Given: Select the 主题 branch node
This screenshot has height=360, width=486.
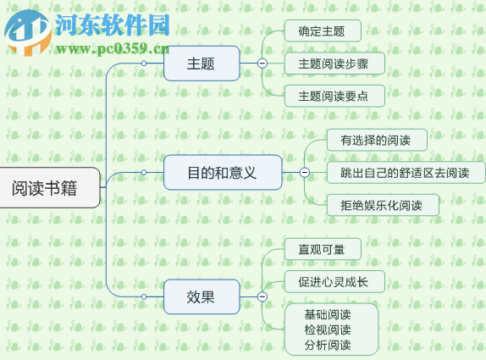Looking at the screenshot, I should [x=201, y=64].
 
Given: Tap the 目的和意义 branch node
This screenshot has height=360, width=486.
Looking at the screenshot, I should [x=222, y=172].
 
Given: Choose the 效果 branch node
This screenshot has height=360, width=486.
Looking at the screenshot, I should [x=201, y=296].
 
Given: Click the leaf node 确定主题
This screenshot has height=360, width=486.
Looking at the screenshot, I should [x=322, y=31].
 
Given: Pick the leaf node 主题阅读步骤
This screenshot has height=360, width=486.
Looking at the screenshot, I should [x=334, y=64].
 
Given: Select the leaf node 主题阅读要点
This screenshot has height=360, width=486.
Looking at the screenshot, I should [x=334, y=95].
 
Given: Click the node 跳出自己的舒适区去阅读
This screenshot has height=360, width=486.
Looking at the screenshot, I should [x=406, y=172].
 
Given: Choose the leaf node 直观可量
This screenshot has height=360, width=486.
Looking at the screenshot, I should [x=322, y=249].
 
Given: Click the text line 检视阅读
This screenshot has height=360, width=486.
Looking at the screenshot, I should [x=328, y=330].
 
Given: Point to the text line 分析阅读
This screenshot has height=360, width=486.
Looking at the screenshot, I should [x=328, y=345].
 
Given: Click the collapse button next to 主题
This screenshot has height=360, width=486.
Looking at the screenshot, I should [x=262, y=64].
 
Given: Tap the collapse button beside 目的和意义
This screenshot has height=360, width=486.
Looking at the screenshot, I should [x=305, y=172].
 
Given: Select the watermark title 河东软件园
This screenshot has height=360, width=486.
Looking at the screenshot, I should [x=112, y=25].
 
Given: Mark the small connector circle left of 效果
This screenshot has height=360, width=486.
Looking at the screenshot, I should [x=144, y=296].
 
